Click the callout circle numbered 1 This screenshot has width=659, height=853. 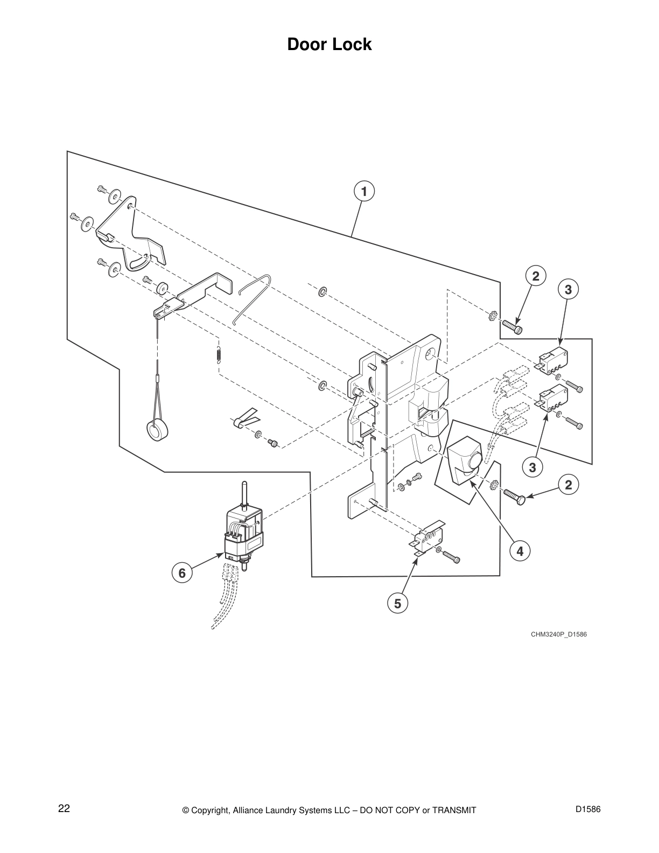point(364,192)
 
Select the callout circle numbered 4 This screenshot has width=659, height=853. point(520,551)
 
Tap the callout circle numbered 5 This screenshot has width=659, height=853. point(397,604)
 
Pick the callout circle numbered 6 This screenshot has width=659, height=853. point(182,573)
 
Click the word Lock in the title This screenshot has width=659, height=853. point(352,44)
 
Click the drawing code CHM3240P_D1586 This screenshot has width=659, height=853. point(558,634)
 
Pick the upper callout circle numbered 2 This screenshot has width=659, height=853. point(535,276)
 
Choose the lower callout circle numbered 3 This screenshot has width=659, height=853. point(532,467)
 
